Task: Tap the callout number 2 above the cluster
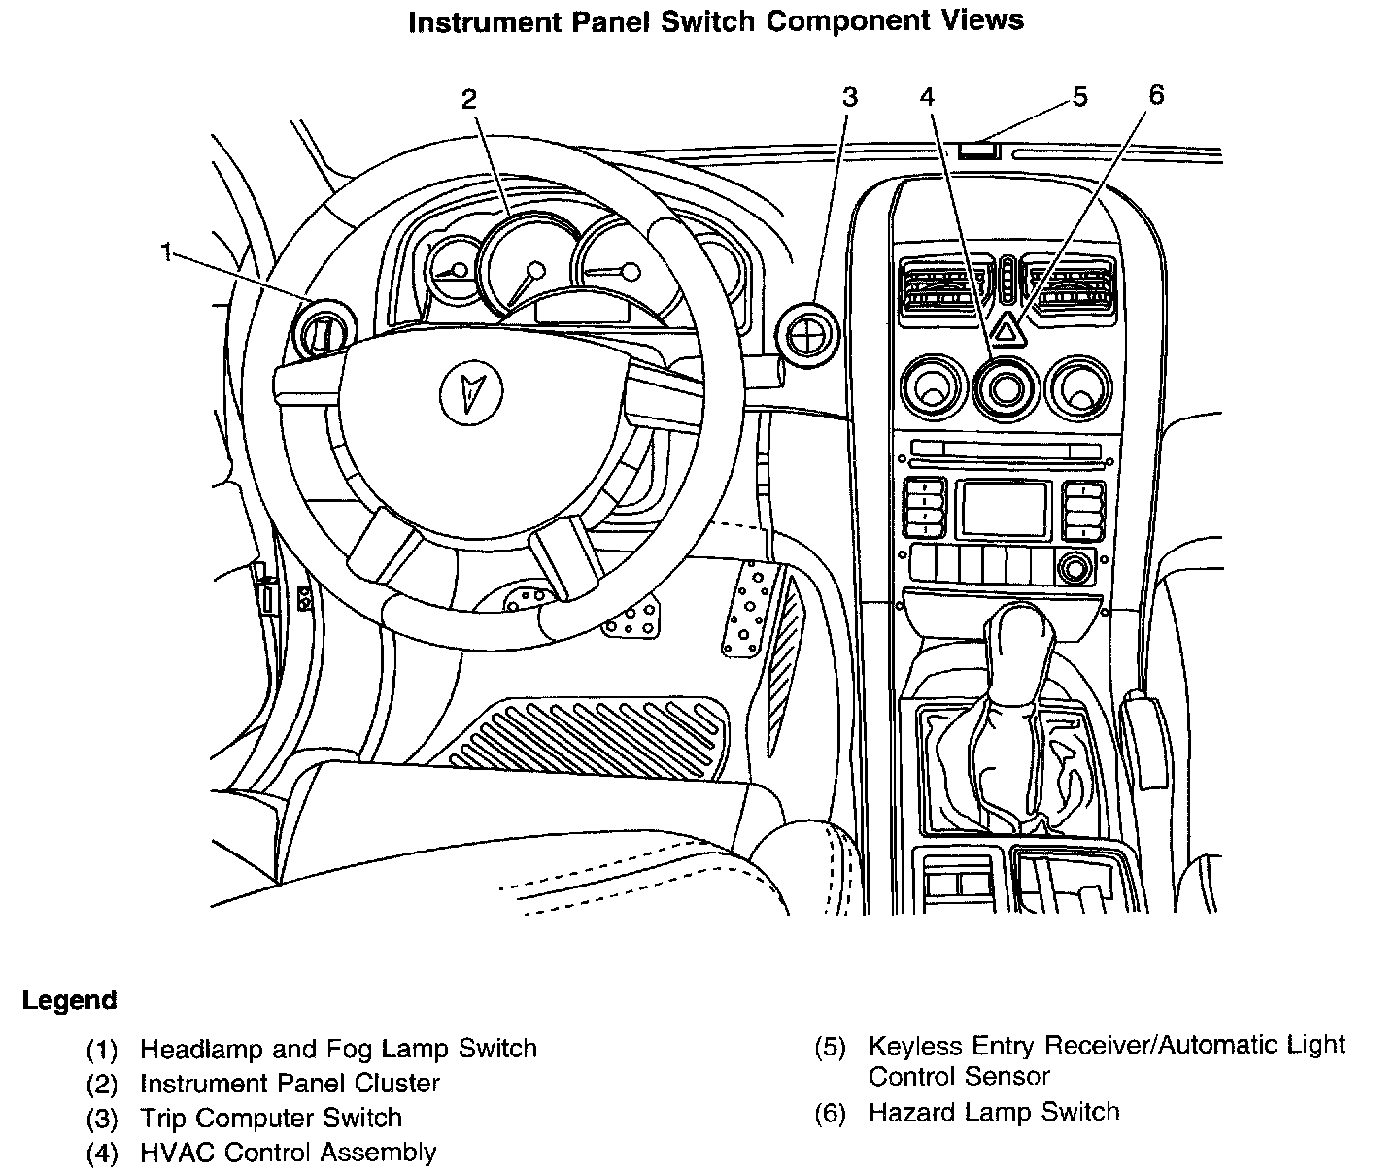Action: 469,98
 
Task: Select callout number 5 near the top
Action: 1080,97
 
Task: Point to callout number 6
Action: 1155,94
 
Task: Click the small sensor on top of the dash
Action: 978,150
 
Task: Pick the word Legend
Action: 69,1000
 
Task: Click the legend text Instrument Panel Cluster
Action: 290,1083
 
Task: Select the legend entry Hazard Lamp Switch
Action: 993,1112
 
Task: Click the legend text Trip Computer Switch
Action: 270,1118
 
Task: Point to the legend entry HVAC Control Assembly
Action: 288,1153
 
